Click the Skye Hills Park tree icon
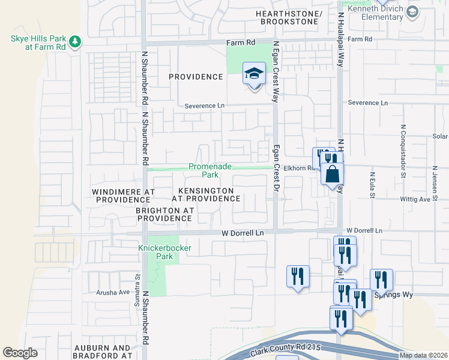click(x=75, y=41)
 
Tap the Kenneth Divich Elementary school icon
click(x=412, y=11)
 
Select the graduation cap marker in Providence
click(x=254, y=74)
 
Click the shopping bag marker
click(x=332, y=174)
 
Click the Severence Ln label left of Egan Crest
click(x=204, y=106)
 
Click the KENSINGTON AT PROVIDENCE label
click(x=202, y=194)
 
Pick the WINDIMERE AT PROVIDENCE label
click(x=123, y=196)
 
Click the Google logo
click(x=20, y=353)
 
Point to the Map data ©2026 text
click(x=423, y=355)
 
